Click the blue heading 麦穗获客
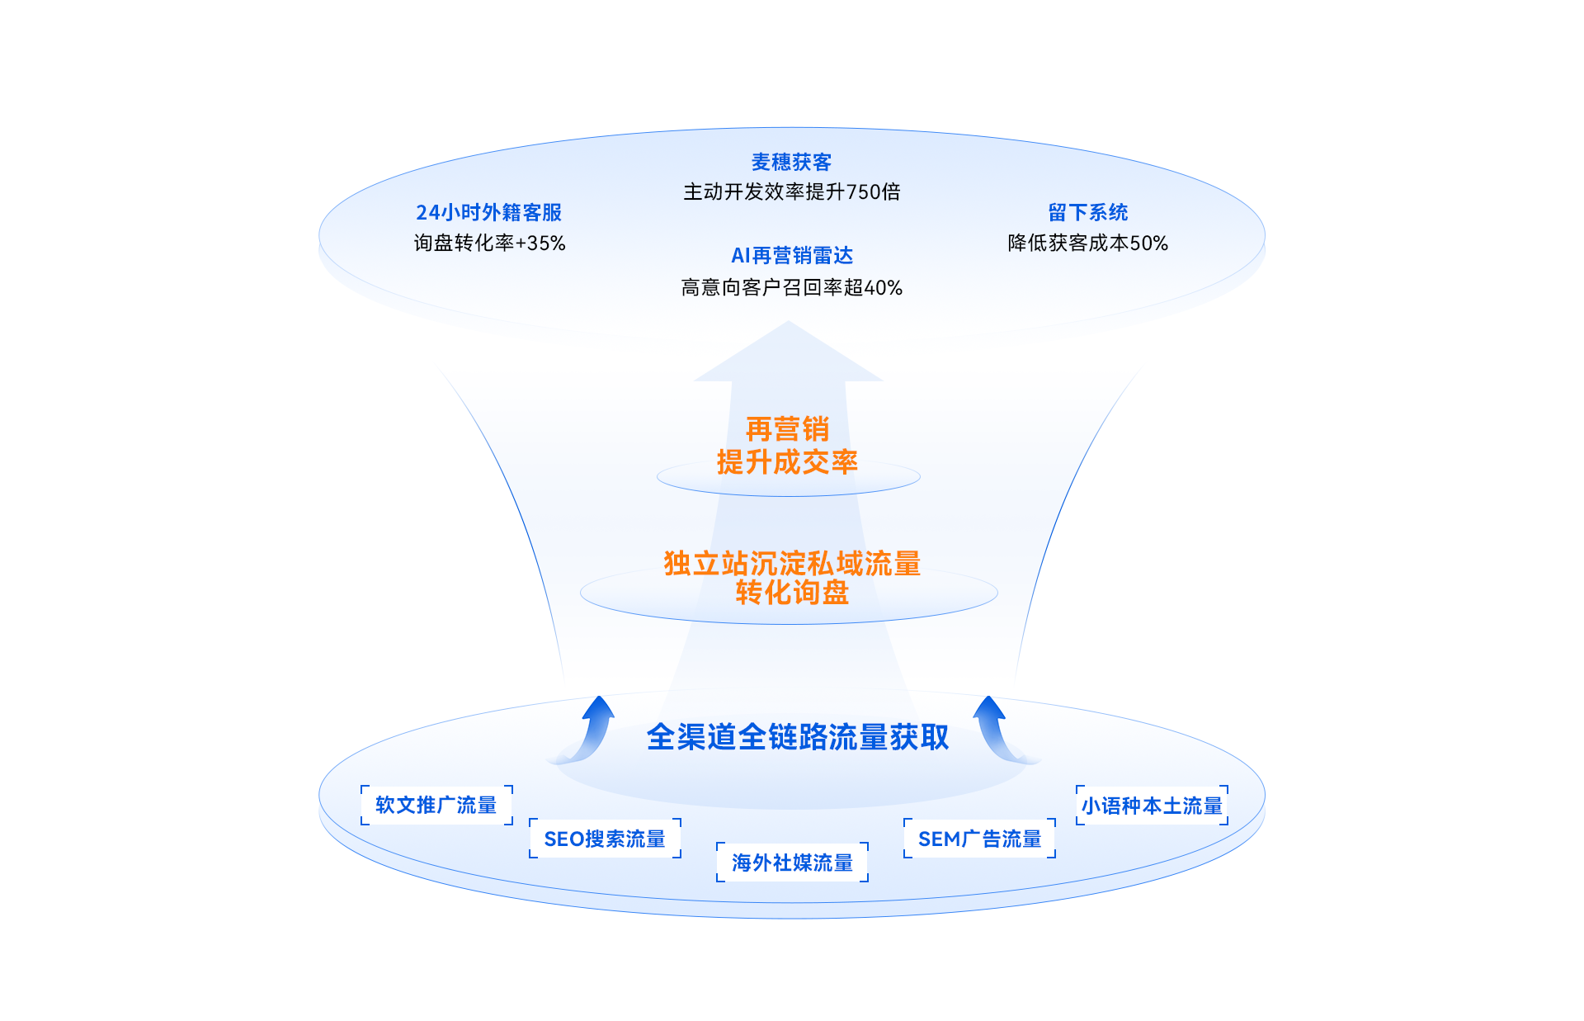click(x=791, y=162)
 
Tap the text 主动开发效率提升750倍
click(x=791, y=192)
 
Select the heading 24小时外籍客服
click(x=488, y=212)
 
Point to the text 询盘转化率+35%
click(x=489, y=243)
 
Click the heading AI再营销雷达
click(x=791, y=256)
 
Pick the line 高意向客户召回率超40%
click(x=791, y=288)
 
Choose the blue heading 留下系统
click(x=1087, y=212)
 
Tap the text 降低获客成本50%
click(x=1087, y=243)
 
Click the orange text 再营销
click(x=787, y=429)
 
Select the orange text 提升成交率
click(x=787, y=462)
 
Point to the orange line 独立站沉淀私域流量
click(x=791, y=564)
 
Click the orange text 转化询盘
click(x=791, y=593)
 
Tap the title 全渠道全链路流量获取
click(x=797, y=737)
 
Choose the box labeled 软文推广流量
click(x=436, y=805)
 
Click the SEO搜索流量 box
click(x=605, y=839)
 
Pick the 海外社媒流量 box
click(x=792, y=863)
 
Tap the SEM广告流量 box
click(x=979, y=839)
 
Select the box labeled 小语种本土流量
click(x=1152, y=806)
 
